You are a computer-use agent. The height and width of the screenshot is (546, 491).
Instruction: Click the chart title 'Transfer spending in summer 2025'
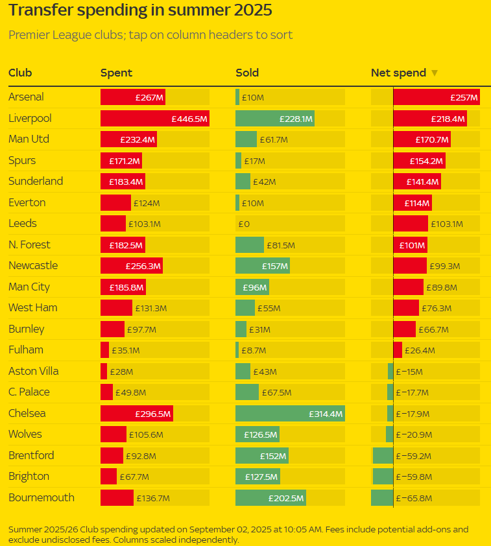click(140, 11)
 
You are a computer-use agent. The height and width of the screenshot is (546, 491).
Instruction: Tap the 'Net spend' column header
click(398, 73)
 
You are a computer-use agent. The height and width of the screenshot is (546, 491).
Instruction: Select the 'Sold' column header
click(247, 73)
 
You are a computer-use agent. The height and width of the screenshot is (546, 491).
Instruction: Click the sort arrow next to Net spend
click(435, 73)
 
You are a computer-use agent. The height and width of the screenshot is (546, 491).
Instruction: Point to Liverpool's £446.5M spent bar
click(154, 119)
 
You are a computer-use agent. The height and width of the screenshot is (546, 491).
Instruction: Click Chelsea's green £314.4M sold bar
click(289, 414)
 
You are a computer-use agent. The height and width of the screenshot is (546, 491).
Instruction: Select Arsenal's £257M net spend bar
click(436, 97)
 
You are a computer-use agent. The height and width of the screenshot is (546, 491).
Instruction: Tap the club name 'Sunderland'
click(36, 182)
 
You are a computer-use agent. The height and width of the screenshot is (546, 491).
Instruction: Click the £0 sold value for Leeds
click(244, 224)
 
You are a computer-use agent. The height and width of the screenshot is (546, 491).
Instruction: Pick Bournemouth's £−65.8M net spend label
click(414, 498)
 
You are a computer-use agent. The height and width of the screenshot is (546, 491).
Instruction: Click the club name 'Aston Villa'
click(34, 372)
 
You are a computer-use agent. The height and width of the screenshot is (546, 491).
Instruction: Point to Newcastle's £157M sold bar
click(262, 266)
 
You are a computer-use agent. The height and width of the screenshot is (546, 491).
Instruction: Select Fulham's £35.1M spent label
click(126, 350)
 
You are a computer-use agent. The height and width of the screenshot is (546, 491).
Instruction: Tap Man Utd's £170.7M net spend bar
click(422, 139)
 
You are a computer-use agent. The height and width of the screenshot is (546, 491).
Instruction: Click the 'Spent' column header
click(116, 73)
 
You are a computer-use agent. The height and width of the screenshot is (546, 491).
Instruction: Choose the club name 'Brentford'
click(31, 456)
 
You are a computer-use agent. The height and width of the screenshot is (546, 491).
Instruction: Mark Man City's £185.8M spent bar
click(123, 287)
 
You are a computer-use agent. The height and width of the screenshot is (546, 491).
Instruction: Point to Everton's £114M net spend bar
click(412, 203)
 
